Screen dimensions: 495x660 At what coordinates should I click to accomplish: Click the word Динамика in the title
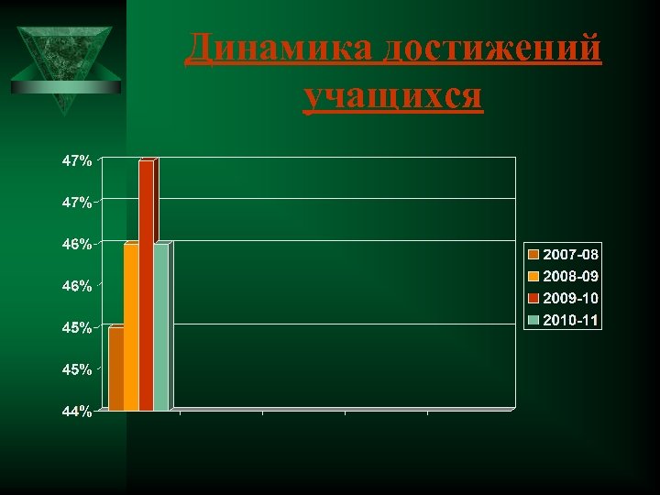[279, 49]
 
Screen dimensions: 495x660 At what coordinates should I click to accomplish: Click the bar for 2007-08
[115, 368]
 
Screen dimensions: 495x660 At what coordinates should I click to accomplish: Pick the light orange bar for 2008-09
[130, 327]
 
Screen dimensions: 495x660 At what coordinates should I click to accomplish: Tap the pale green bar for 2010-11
[160, 327]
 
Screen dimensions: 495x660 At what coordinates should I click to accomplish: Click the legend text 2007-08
[570, 253]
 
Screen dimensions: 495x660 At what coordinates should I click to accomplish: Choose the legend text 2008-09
[570, 275]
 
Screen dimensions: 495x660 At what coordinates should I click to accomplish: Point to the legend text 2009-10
[570, 298]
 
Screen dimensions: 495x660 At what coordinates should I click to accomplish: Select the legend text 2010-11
[570, 320]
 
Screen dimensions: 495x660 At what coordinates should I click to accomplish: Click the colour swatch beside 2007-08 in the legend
[533, 253]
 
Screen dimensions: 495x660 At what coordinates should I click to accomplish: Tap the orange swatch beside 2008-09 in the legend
[533, 275]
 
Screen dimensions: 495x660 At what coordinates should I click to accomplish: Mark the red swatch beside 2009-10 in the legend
[533, 298]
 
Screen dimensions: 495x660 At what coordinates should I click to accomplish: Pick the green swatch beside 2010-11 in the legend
[533, 320]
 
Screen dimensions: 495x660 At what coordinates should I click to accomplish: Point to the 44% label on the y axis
[76, 412]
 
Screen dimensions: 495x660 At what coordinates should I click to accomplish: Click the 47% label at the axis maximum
[76, 160]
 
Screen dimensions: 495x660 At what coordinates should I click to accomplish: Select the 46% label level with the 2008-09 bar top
[76, 245]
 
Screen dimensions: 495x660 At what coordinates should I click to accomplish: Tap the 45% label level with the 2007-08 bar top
[76, 328]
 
